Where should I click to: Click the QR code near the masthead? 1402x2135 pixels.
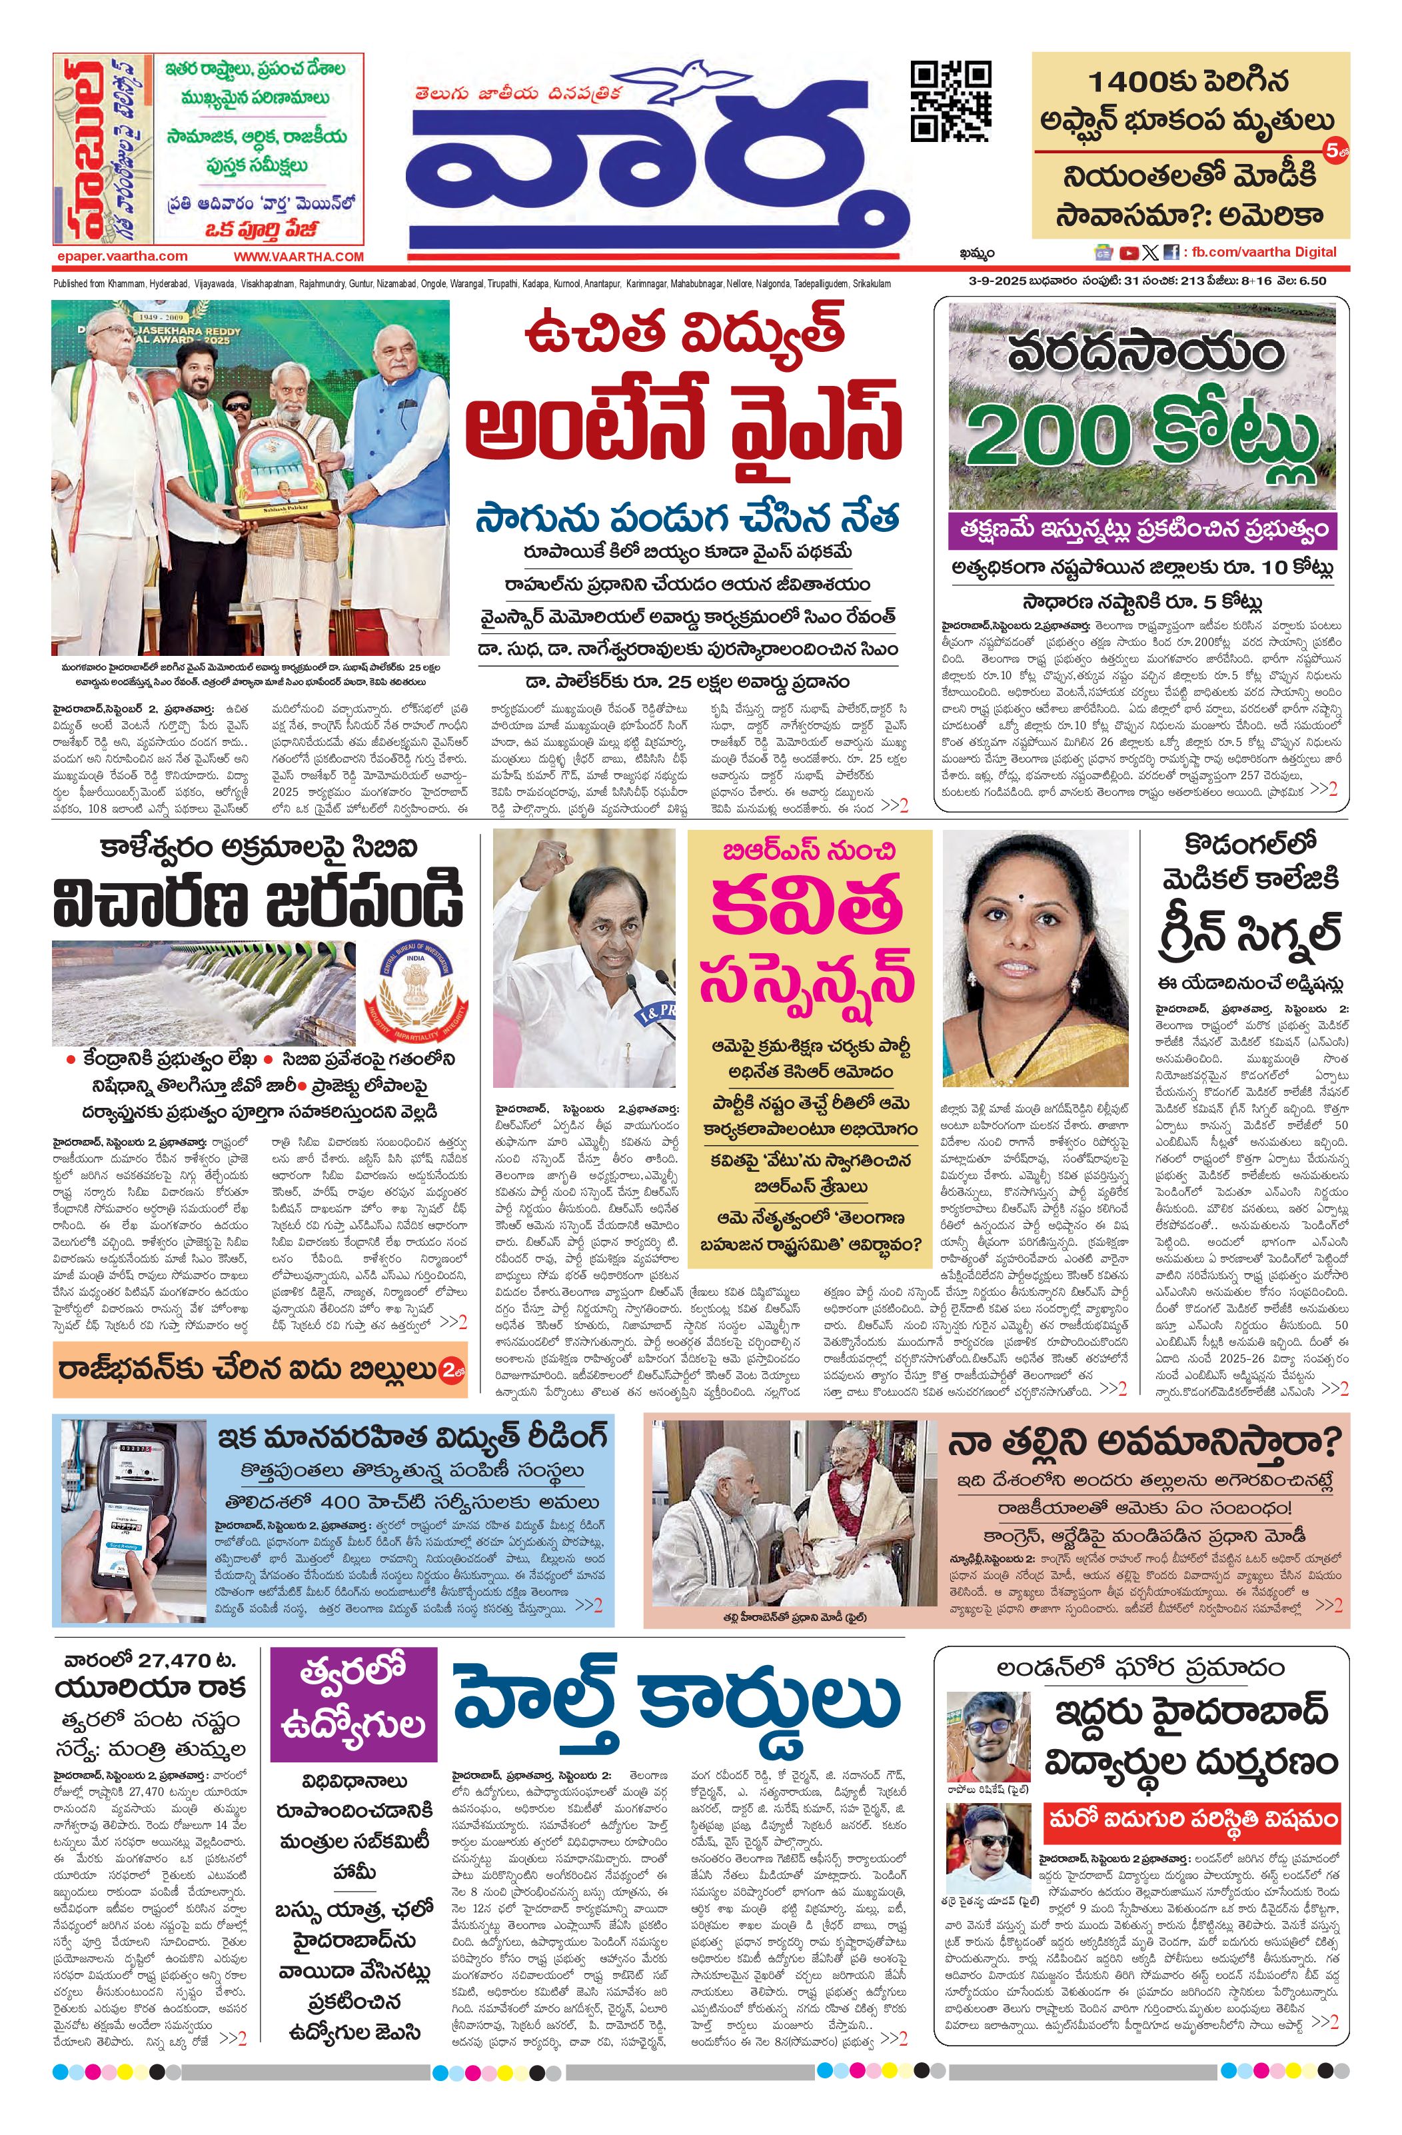(x=951, y=101)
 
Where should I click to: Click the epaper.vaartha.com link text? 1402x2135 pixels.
(x=121, y=257)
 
